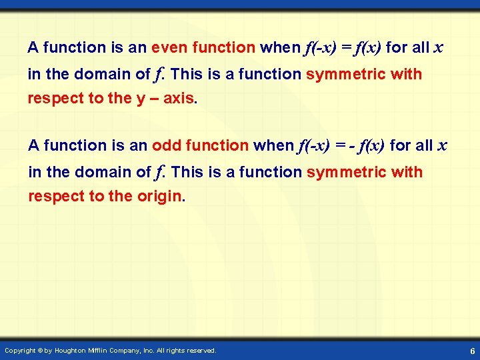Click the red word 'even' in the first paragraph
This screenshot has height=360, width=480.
[x=169, y=48]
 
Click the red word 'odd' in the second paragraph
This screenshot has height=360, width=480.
[x=166, y=145]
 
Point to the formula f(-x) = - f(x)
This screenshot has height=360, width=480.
[x=341, y=145]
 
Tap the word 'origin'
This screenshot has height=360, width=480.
[x=159, y=197]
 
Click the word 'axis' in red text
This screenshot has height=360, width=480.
[x=179, y=99]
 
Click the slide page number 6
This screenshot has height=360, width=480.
[x=471, y=350]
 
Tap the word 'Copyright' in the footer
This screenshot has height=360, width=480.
[x=21, y=350]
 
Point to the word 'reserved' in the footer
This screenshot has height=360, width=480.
[x=201, y=350]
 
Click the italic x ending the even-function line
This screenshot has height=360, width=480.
[x=439, y=48]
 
